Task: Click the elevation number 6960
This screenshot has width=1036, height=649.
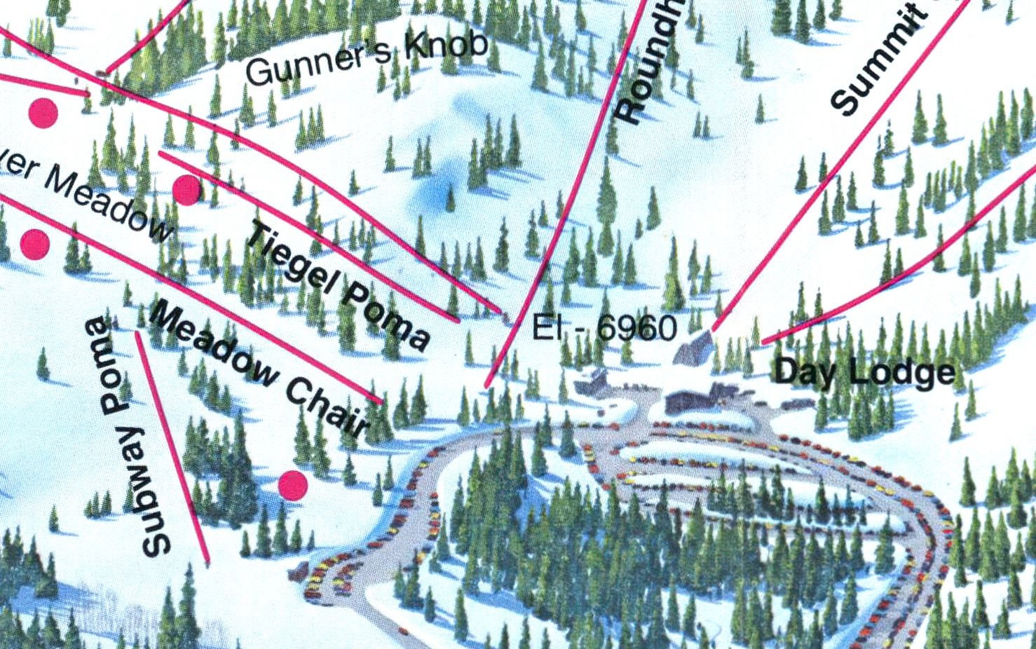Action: (638, 328)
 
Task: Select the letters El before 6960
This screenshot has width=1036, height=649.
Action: (547, 327)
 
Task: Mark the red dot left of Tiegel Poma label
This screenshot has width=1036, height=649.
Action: (186, 190)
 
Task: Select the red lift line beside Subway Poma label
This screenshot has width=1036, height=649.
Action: (172, 449)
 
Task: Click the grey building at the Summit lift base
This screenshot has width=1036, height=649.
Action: (693, 347)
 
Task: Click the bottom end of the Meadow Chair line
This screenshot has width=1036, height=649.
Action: (381, 402)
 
